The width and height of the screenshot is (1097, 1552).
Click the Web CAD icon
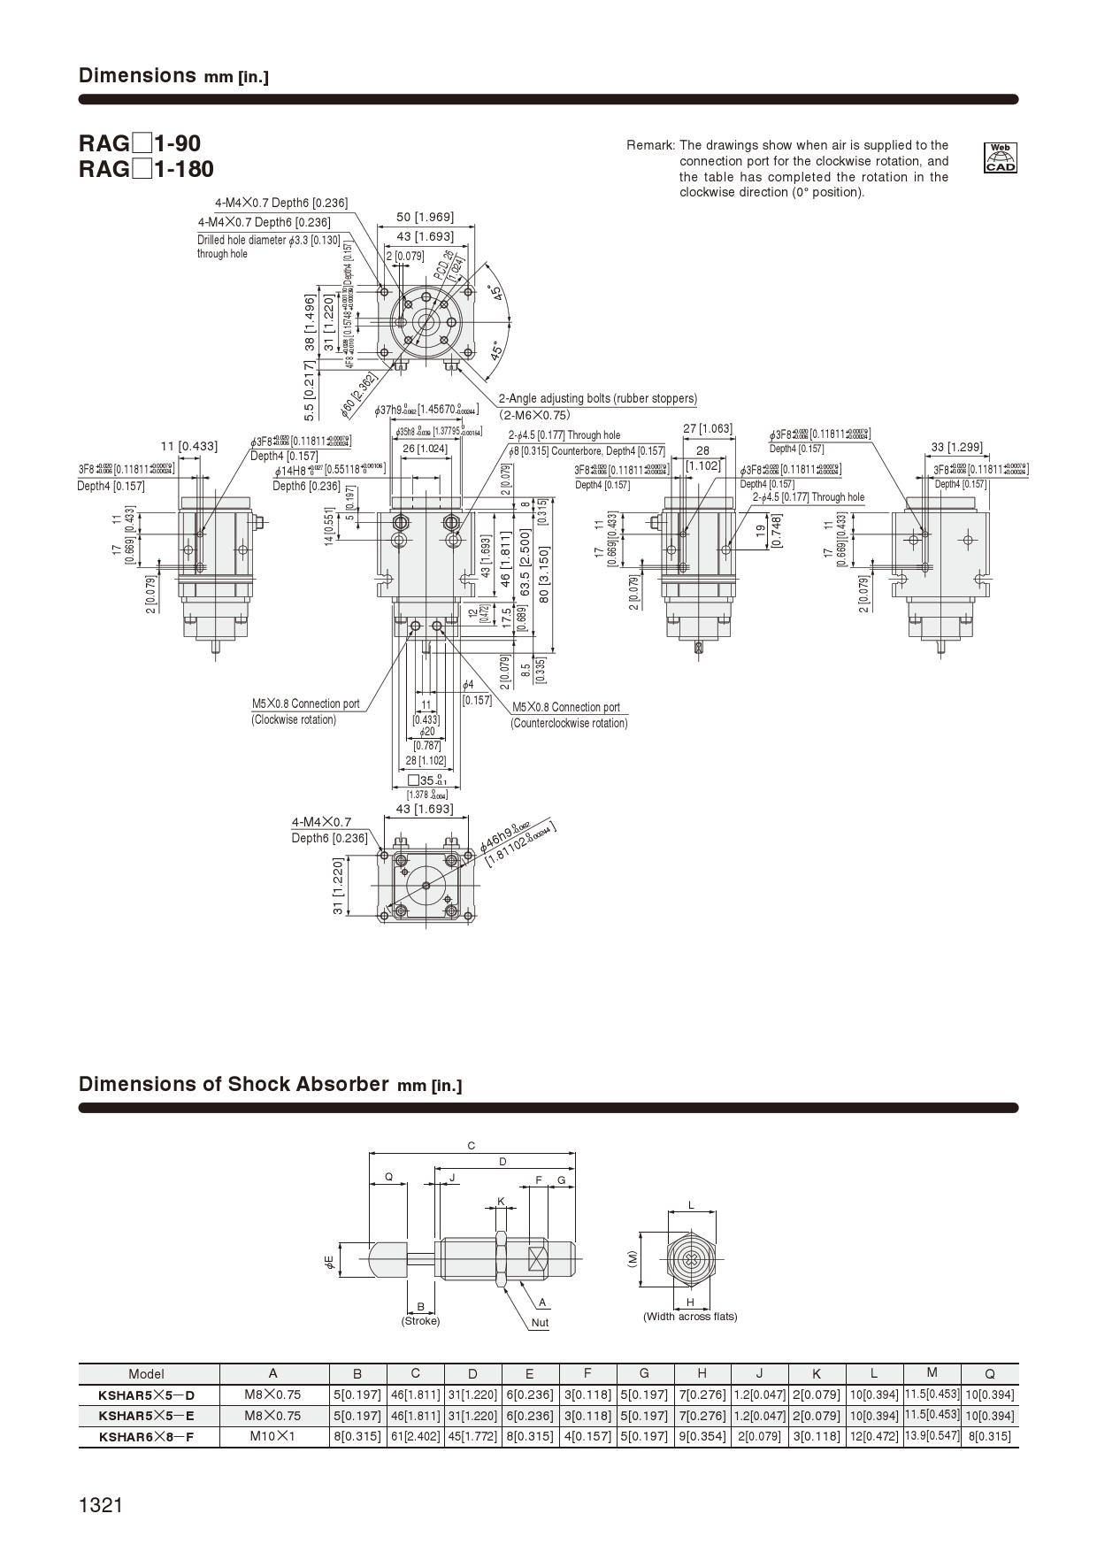click(1001, 158)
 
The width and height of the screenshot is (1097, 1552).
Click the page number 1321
click(100, 1504)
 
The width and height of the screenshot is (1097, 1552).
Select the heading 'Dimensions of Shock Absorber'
click(234, 1084)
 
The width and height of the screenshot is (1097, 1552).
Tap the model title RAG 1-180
click(146, 169)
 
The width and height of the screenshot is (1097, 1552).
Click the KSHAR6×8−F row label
click(147, 1437)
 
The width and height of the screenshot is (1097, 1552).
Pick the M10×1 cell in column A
click(272, 1436)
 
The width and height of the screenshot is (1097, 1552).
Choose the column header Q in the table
click(989, 1374)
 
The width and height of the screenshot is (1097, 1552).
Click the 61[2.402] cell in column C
click(415, 1436)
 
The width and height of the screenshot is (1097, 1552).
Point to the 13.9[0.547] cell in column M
click(932, 1435)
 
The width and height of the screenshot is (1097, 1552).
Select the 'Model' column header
click(147, 1374)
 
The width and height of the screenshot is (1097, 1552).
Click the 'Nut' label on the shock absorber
click(540, 1323)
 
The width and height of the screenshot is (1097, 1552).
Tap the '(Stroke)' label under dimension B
click(420, 1321)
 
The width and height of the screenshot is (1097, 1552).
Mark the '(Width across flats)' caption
click(690, 1317)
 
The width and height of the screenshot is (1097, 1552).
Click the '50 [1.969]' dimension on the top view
click(425, 218)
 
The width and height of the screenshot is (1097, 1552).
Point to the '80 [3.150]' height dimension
click(544, 574)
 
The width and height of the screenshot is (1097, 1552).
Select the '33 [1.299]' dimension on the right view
click(956, 447)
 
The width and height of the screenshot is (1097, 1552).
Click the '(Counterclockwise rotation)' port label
click(569, 723)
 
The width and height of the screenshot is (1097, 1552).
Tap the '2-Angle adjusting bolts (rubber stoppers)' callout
click(597, 398)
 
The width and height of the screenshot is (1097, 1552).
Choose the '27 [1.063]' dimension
click(708, 429)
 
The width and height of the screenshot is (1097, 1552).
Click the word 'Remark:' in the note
click(651, 145)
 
